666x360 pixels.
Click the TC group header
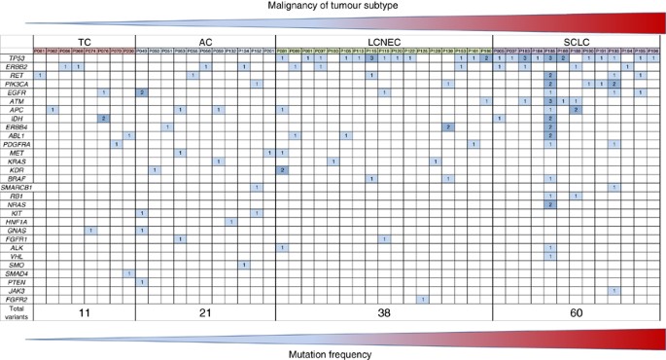coord(84,42)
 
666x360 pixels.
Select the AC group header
coord(205,42)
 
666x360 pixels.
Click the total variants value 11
coord(84,313)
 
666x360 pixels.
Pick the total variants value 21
coord(205,313)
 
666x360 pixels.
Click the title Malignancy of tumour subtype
coord(333,7)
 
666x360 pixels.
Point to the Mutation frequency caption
coord(333,353)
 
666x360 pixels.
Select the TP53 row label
coord(17,58)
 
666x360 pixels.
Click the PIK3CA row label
coord(17,84)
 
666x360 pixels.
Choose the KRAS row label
coord(17,162)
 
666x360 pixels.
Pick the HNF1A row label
coord(17,222)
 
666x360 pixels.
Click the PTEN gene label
coord(17,282)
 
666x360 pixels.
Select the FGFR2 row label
coord(17,299)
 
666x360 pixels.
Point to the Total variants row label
coord(17,312)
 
